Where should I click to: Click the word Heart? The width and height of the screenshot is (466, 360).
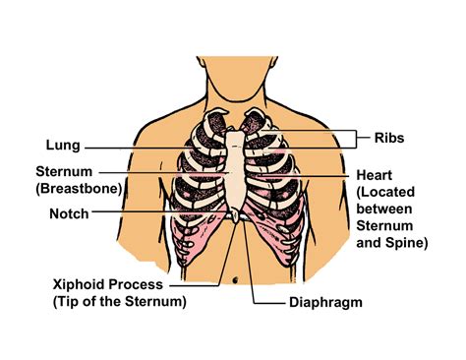[376, 174]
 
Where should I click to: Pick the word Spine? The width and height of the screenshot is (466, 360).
[406, 243]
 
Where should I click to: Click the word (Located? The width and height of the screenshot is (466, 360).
[390, 193]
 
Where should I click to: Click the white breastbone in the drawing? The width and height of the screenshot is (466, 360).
[234, 167]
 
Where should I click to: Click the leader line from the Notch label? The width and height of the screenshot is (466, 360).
[167, 212]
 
